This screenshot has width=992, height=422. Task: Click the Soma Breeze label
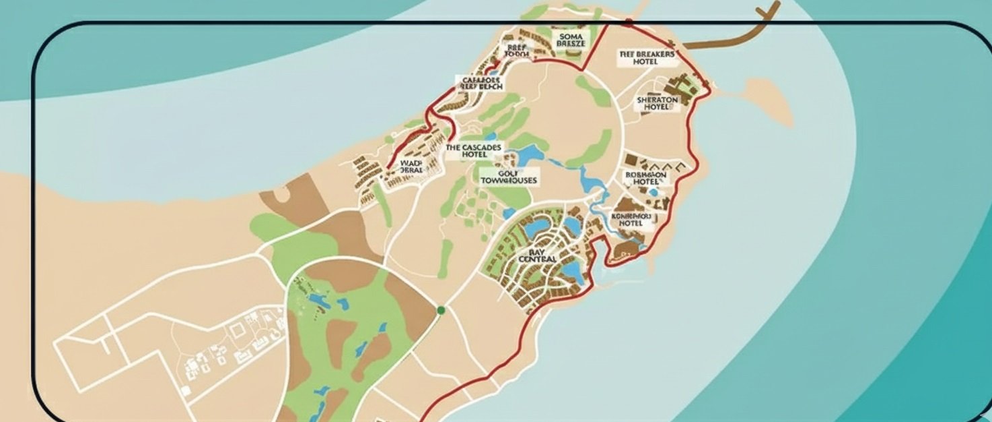pos(571,38)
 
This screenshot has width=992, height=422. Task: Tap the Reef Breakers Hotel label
pos(645,57)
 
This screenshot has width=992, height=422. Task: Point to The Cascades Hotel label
pos(474,150)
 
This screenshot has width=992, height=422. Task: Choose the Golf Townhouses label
pos(509,175)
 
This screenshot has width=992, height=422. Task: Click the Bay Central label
pos(537,255)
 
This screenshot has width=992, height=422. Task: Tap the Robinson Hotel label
pos(645,178)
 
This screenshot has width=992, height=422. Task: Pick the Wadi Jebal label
pos(411,167)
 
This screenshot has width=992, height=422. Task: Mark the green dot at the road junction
pos(441,310)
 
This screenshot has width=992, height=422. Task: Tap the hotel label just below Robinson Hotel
pos(631,219)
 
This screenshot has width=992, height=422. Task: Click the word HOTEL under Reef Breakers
pos(645,62)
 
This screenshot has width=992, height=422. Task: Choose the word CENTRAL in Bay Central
pos(537,260)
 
